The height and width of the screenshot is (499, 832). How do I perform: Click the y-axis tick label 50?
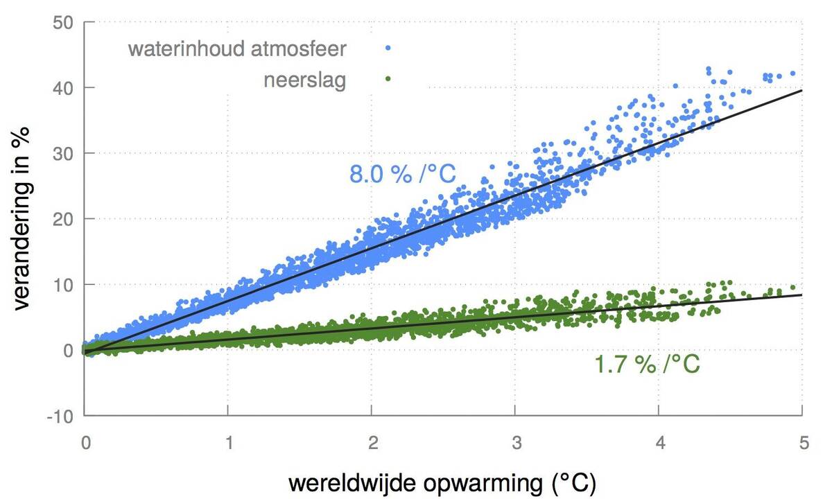[x=64, y=22]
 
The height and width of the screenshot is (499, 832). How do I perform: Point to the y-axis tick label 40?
[x=64, y=88]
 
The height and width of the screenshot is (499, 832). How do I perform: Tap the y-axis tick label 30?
[x=64, y=153]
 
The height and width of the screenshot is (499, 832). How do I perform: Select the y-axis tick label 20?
[x=64, y=219]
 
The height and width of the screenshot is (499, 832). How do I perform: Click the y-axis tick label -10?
[x=61, y=416]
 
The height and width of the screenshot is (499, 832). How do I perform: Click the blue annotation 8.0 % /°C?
[x=402, y=173]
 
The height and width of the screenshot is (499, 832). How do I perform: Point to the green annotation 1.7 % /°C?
[x=648, y=364]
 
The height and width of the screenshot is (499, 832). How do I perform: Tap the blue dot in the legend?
[x=388, y=48]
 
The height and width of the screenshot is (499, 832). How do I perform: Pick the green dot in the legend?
[x=388, y=78]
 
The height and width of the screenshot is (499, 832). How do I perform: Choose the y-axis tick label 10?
[x=64, y=285]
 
